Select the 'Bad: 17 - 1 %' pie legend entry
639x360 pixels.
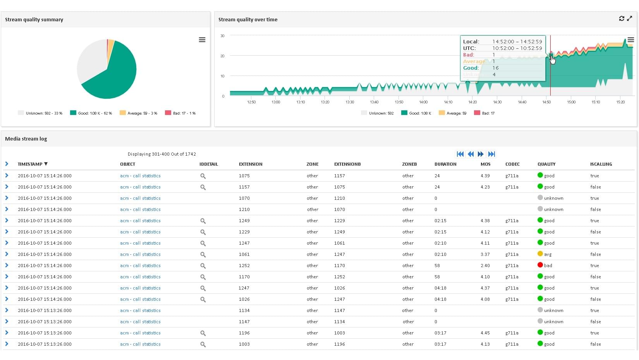coord(180,113)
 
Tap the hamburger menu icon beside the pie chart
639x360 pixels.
coord(202,40)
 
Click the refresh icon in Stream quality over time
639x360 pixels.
coord(622,19)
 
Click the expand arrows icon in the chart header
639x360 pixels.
coord(630,19)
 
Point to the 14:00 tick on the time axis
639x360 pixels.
coord(423,102)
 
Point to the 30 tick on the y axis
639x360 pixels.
coord(222,36)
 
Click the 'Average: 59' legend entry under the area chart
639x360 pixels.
coord(453,113)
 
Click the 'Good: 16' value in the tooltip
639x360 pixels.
coord(495,68)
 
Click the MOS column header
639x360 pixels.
coord(485,164)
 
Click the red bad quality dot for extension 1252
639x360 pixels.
coord(540,265)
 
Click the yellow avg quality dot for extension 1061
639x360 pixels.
coord(540,254)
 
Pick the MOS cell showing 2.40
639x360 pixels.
coord(485,266)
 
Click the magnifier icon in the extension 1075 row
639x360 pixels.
coord(203,176)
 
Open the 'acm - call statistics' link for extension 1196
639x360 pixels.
coord(140,333)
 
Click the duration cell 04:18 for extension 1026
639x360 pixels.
coord(440,299)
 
